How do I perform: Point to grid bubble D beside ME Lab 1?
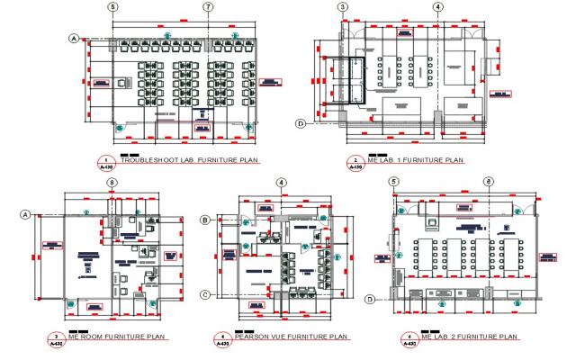pos(301,123)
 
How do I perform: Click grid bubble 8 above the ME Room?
pos(111,184)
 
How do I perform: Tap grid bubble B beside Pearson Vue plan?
pos(206,220)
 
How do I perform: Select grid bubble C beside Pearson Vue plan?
pos(206,294)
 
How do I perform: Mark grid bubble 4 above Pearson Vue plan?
pos(282,184)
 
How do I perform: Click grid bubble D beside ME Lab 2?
pos(370,299)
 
